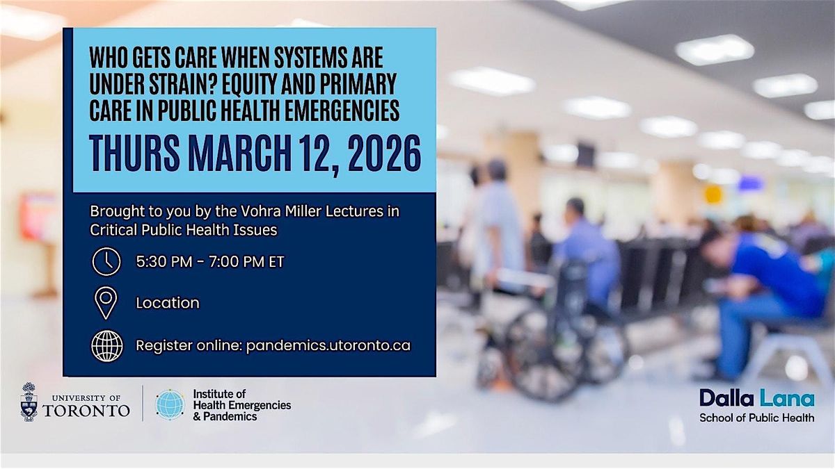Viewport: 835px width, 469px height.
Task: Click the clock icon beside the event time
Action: [x=106, y=262]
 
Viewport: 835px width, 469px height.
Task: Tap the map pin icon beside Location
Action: [x=106, y=303]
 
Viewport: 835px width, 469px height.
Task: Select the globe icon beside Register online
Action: [x=107, y=346]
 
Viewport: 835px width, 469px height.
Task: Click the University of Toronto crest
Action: [x=29, y=402]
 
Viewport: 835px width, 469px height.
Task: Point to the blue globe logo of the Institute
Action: [x=170, y=404]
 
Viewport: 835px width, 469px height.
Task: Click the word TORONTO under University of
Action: [x=86, y=411]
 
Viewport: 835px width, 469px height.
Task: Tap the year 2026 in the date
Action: [x=384, y=154]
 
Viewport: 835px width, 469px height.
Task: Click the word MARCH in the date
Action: [x=240, y=154]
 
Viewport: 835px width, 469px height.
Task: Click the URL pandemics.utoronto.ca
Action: [x=328, y=346]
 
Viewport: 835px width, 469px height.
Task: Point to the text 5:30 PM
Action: [x=164, y=262]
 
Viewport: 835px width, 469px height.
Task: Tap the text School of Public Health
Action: [x=757, y=418]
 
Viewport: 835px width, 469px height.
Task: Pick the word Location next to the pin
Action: [x=168, y=303]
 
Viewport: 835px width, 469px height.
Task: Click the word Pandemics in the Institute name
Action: [x=230, y=416]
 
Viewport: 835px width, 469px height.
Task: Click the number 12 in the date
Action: [x=317, y=154]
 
